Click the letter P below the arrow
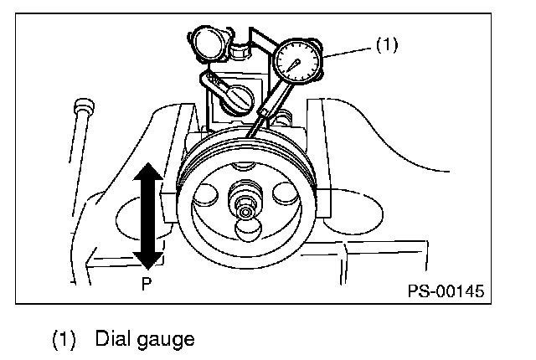coord(146,283)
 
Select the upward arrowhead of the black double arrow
coord(148,173)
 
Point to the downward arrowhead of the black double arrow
coord(148,259)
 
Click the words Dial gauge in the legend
coord(145,339)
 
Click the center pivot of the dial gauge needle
coord(296,63)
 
